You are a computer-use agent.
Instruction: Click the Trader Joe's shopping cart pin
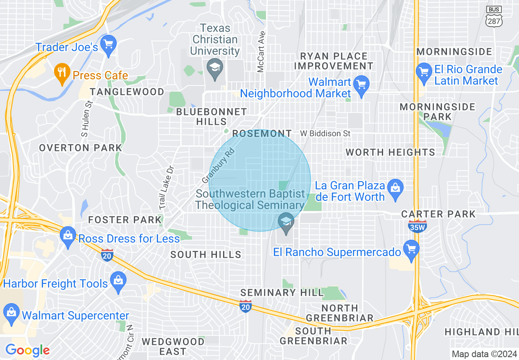[108, 44]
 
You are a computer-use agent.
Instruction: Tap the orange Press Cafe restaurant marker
[62, 73]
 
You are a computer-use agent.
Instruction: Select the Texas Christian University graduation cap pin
[214, 67]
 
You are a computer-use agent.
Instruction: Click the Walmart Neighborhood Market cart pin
[361, 85]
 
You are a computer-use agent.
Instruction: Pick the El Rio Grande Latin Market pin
[423, 72]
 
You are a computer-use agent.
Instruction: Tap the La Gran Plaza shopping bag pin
[395, 188]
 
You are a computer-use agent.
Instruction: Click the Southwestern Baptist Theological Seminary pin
[286, 222]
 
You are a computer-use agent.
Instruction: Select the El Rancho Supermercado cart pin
[411, 249]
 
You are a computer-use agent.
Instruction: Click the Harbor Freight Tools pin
[118, 281]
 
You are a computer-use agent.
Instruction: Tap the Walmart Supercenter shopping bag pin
[11, 313]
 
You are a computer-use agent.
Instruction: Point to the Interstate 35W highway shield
[417, 226]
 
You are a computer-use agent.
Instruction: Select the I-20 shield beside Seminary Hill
[245, 306]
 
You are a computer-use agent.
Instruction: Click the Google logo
[27, 350]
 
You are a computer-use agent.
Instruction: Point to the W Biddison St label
[325, 133]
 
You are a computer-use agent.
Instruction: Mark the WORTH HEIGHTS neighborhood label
[390, 153]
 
